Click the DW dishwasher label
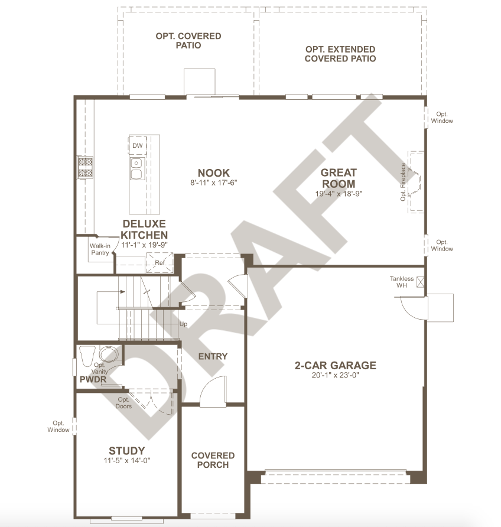138,145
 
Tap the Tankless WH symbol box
420,282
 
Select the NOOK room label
214,173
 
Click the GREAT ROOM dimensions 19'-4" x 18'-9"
339,194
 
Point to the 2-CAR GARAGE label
336,365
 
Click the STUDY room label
126,451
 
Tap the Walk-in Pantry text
100,249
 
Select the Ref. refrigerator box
160,263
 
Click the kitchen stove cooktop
85,167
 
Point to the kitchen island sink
138,169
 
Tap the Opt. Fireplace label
403,182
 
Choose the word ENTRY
213,356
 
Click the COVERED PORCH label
213,460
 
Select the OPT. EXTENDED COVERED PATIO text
340,54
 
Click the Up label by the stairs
183,324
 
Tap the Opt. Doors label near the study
123,403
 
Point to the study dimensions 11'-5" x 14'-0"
126,460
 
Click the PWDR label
93,379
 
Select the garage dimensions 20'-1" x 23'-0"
336,375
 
